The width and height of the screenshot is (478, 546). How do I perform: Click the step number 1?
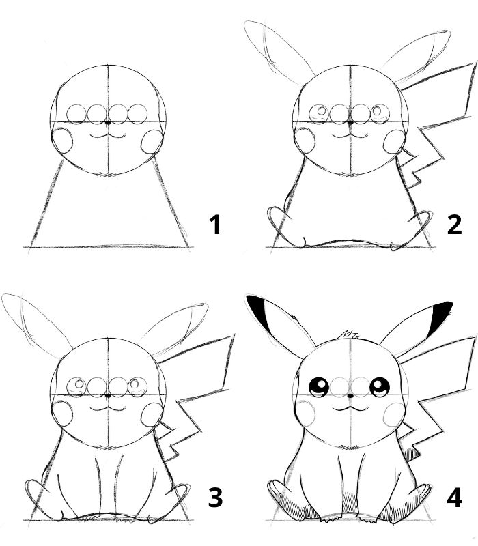[216, 225]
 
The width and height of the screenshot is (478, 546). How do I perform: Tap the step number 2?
[454, 225]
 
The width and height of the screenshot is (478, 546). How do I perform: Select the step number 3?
[215, 498]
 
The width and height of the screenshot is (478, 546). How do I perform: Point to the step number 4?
[454, 498]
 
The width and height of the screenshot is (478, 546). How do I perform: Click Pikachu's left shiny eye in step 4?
[319, 388]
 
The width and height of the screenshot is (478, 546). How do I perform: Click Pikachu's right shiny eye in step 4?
[379, 388]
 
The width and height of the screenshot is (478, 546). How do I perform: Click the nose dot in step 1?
[109, 122]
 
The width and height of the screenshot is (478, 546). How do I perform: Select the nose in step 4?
[349, 395]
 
